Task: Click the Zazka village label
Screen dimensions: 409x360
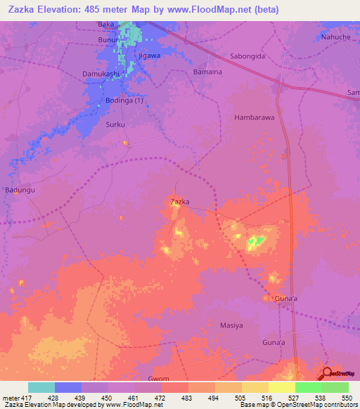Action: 180,202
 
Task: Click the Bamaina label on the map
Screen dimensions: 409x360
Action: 207,72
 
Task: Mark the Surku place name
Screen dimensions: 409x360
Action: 115,124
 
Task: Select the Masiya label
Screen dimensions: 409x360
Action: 231,325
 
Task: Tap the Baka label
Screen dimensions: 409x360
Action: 105,25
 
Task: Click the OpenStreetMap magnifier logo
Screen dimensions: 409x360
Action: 327,373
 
